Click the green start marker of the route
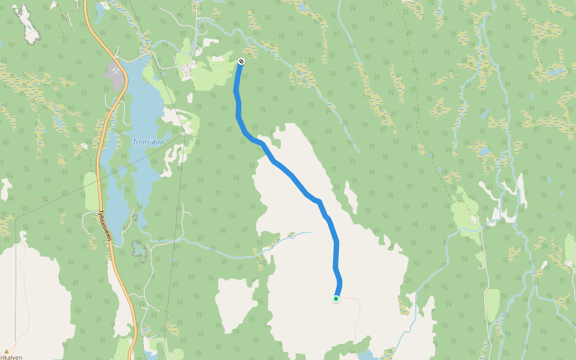[x=336, y=298]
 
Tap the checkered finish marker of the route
[x=241, y=61]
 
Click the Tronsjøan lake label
[x=148, y=142]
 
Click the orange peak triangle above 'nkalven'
[x=7, y=352]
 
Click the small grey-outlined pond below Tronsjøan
[x=140, y=251]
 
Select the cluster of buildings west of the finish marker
[x=188, y=71]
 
